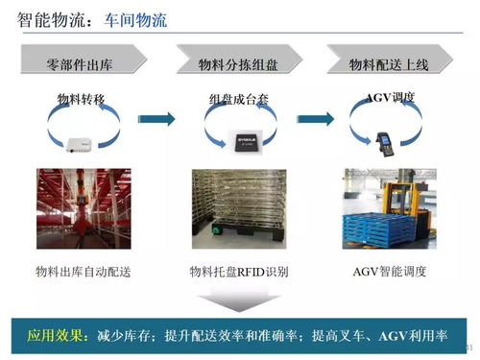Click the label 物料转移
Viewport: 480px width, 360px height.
(82, 99)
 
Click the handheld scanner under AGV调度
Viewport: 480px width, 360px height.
(387, 133)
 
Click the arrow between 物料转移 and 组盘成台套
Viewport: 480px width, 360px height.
(162, 119)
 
